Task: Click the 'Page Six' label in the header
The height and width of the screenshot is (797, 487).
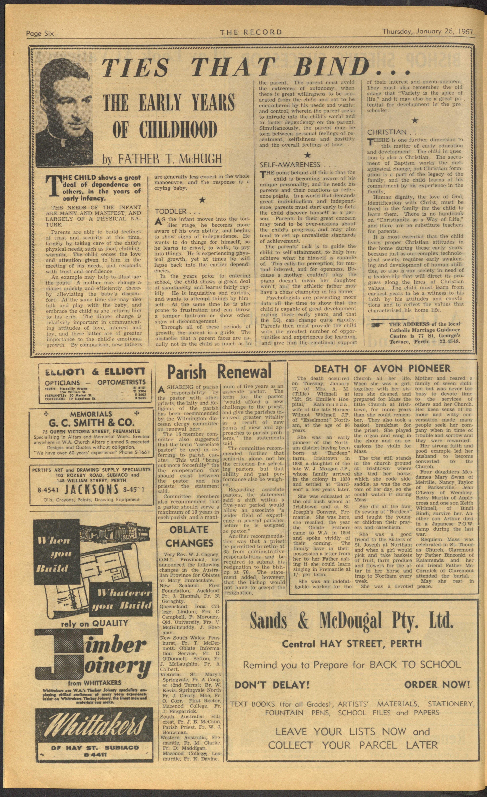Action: tap(40, 33)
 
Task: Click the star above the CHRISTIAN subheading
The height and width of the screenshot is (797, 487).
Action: tap(415, 121)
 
